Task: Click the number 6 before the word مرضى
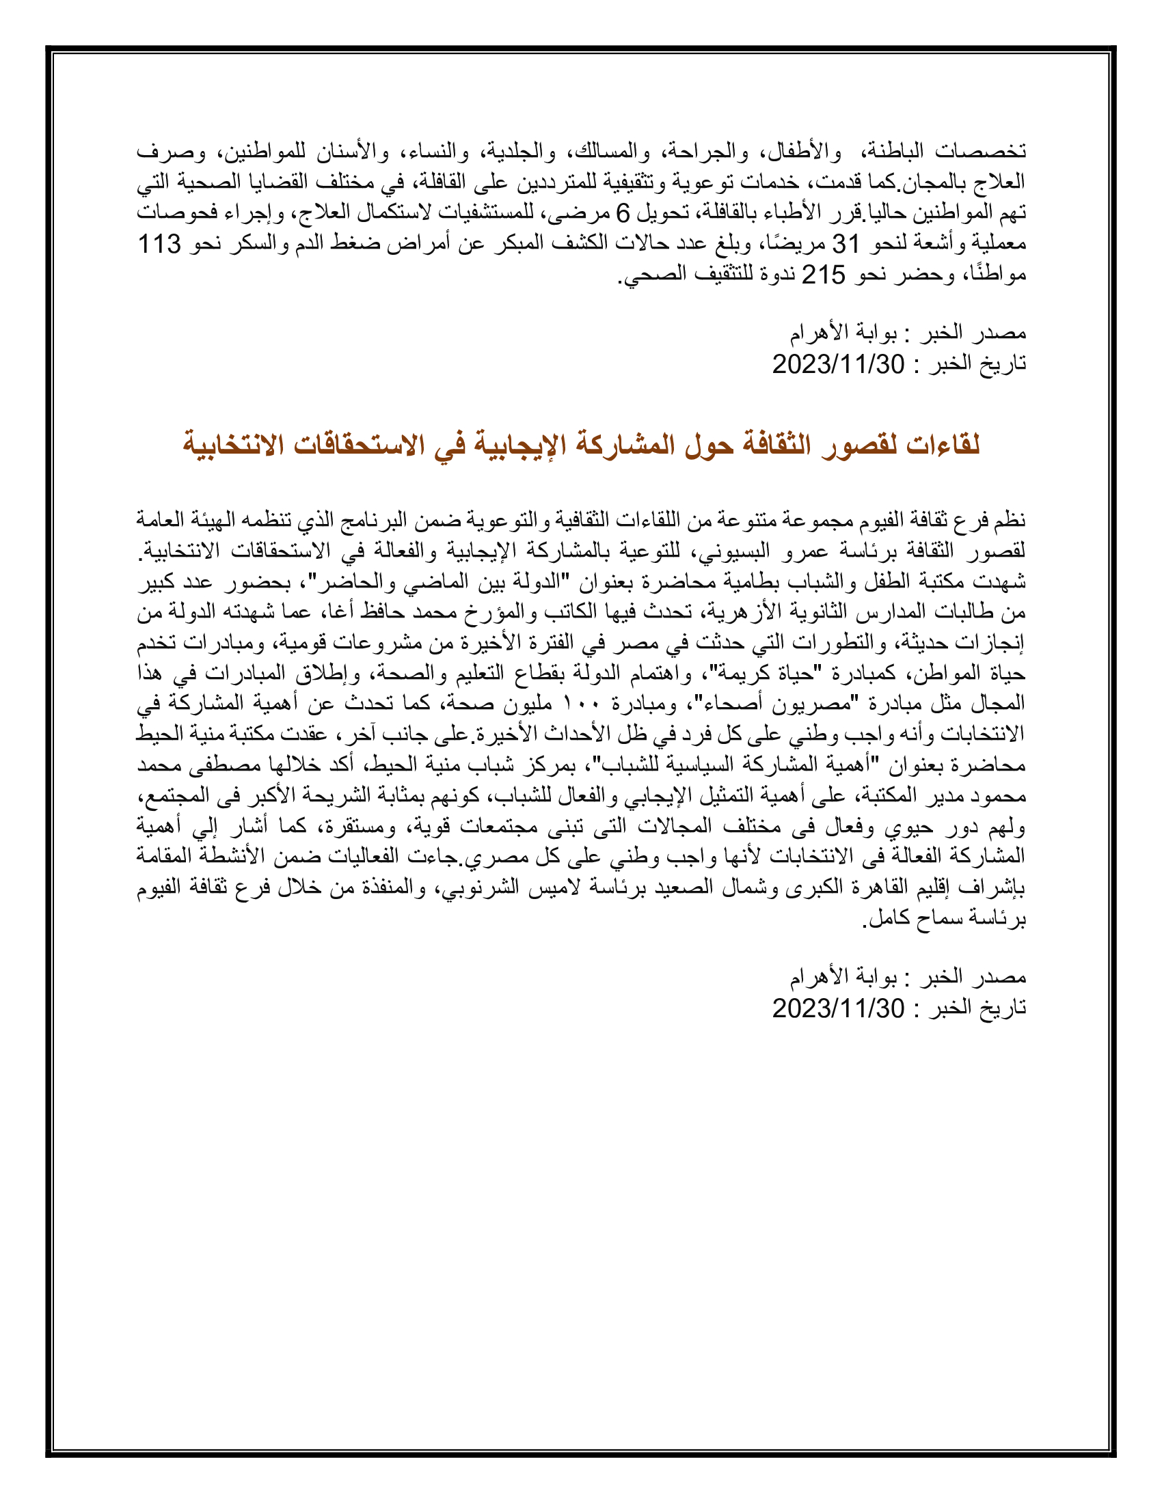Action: point(622,213)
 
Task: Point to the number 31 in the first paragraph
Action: point(847,244)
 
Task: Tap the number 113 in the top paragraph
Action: point(160,244)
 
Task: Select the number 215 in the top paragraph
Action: point(824,275)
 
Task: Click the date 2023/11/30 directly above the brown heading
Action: point(838,364)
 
